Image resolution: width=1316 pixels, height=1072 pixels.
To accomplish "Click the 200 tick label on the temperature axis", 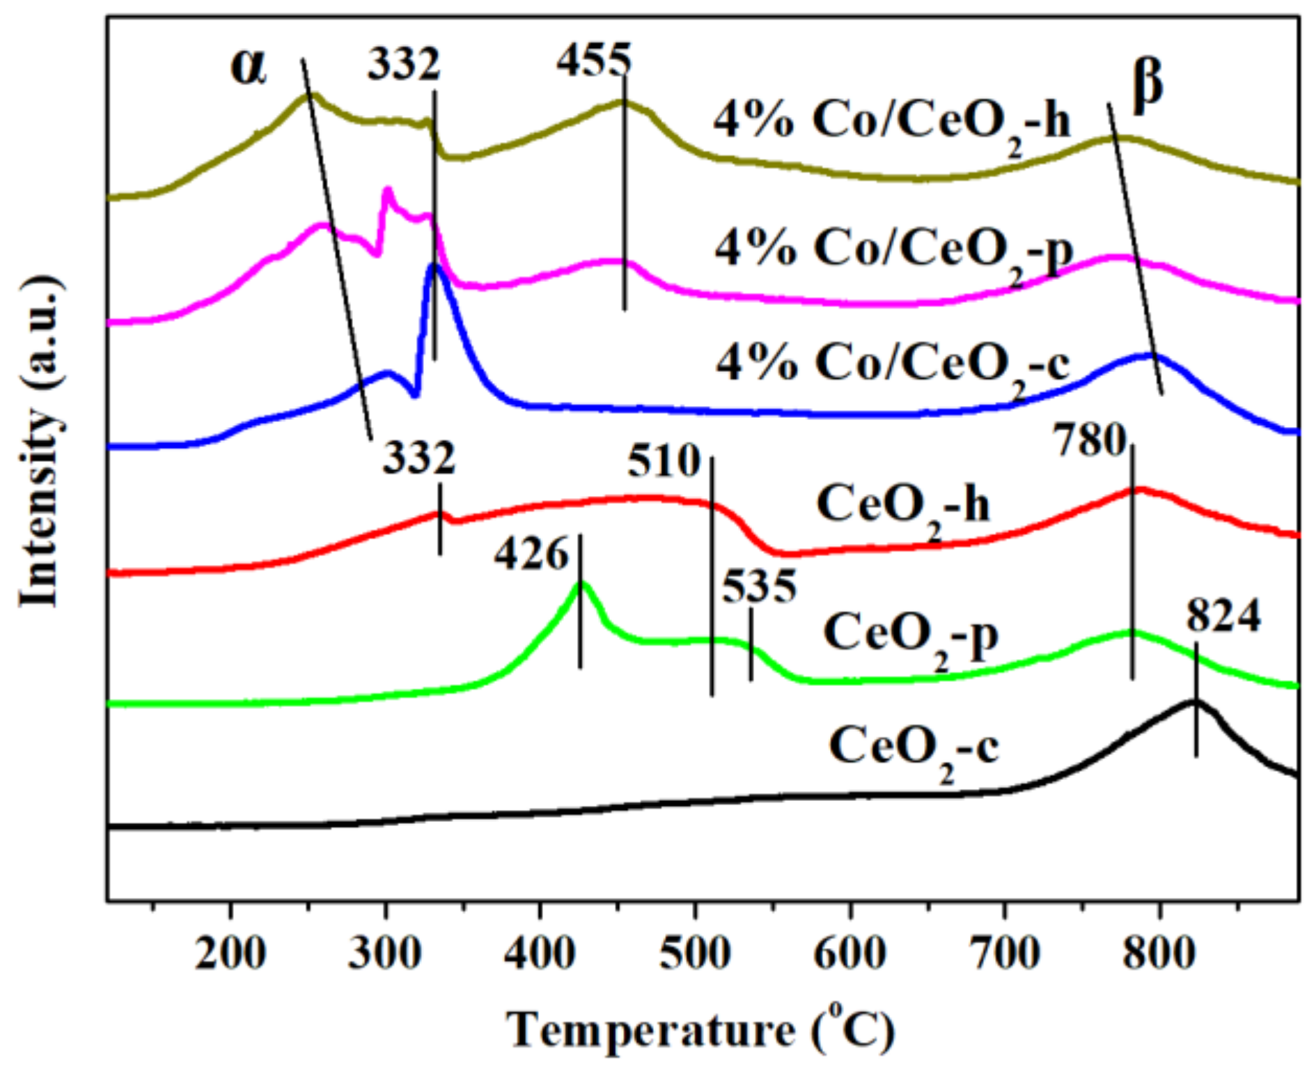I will point(230,953).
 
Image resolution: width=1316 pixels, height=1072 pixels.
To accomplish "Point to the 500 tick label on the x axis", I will point(694,953).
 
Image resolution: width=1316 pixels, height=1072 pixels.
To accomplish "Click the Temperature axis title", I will point(700,1029).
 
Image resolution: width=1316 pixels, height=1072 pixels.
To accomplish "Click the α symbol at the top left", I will point(249,68).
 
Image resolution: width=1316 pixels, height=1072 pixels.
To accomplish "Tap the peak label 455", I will point(593,60).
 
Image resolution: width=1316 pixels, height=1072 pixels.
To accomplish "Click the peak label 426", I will point(531,555).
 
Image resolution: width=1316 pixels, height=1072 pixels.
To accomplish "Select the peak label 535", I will point(759,587).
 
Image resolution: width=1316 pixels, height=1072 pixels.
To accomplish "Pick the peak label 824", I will point(1223,616).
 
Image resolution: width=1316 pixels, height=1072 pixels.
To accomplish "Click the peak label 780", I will point(1090,440).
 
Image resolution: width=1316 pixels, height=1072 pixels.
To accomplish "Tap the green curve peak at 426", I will point(581,584).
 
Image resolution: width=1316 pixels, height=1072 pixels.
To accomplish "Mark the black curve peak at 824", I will point(1195,702).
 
